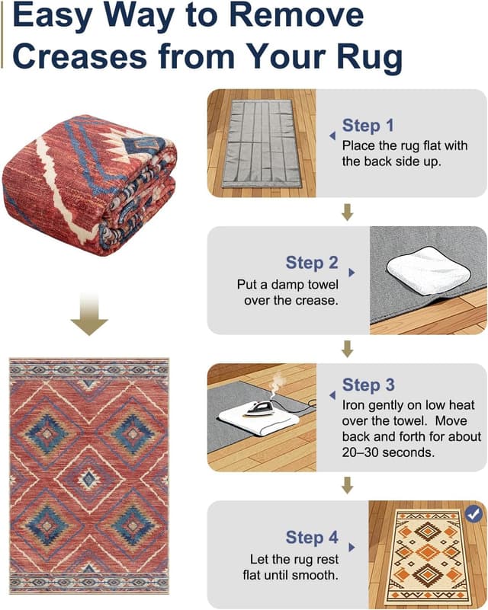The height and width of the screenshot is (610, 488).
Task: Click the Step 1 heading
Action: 368,126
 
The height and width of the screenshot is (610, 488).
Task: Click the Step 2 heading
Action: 312,263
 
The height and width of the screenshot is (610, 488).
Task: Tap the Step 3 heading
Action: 368,385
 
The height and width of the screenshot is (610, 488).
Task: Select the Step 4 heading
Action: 312,538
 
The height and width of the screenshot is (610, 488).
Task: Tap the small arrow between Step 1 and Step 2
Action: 348,211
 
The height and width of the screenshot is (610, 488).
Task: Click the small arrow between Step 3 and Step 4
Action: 348,485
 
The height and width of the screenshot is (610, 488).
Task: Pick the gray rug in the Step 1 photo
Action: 258,142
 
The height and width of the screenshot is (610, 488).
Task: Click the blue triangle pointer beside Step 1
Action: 332,136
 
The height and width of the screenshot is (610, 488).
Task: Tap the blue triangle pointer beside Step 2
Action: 352,271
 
